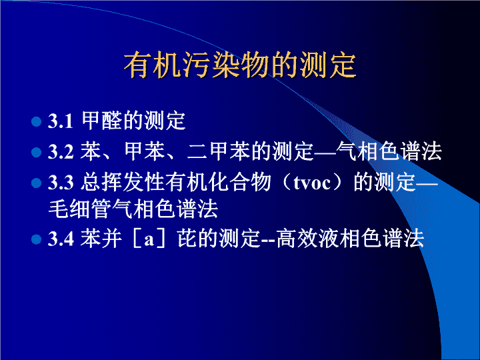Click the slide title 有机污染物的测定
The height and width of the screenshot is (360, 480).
click(240, 66)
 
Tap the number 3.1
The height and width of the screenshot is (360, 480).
click(60, 121)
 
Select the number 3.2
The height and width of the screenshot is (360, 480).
click(61, 151)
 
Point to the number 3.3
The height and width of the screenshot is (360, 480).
click(61, 183)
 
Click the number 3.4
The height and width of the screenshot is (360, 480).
click(61, 239)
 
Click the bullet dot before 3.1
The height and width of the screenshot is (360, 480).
click(36, 121)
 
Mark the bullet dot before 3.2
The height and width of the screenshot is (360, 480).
click(36, 152)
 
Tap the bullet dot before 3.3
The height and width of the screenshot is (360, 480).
click(36, 183)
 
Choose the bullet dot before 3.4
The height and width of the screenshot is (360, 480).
click(36, 239)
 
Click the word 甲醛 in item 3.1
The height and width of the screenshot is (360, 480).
click(102, 121)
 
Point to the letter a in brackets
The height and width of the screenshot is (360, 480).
click(149, 240)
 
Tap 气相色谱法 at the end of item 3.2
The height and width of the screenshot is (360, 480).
click(389, 151)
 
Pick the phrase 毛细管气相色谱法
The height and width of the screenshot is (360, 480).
click(133, 209)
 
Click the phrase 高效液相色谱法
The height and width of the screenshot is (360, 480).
click(350, 239)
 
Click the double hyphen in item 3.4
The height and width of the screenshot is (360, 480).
click(268, 241)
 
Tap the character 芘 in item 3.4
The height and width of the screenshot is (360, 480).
click(187, 239)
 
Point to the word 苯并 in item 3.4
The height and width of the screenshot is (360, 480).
click(101, 239)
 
